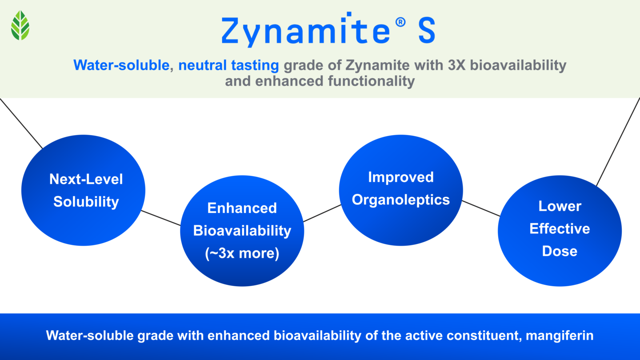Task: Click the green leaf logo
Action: (20, 25)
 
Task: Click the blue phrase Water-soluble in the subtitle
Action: (121, 65)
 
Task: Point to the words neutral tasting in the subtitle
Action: (228, 65)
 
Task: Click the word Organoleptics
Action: (401, 200)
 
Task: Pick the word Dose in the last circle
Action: (560, 251)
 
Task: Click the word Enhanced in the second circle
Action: (242, 208)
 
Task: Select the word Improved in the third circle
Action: (401, 177)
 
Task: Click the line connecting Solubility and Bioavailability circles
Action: (161, 218)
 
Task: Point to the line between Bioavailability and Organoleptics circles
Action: (322, 213)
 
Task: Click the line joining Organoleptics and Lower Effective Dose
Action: (481, 208)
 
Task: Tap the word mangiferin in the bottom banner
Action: (560, 335)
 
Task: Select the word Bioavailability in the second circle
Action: (242, 231)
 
